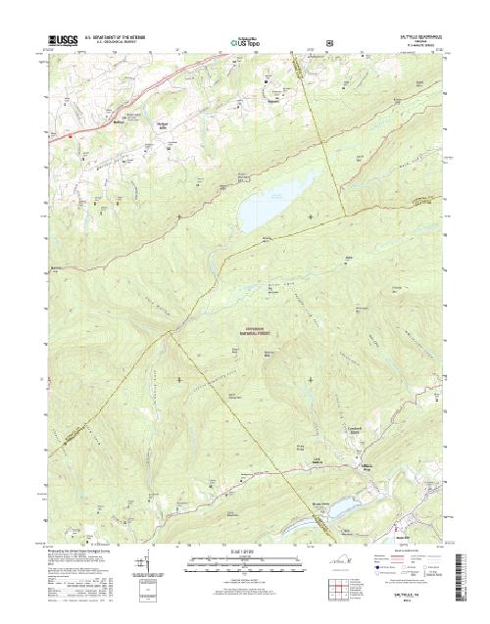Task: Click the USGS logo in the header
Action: click(x=60, y=42)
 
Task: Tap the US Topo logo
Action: click(x=248, y=43)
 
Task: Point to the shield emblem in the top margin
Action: click(x=328, y=43)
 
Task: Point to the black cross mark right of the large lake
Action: click(x=312, y=216)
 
